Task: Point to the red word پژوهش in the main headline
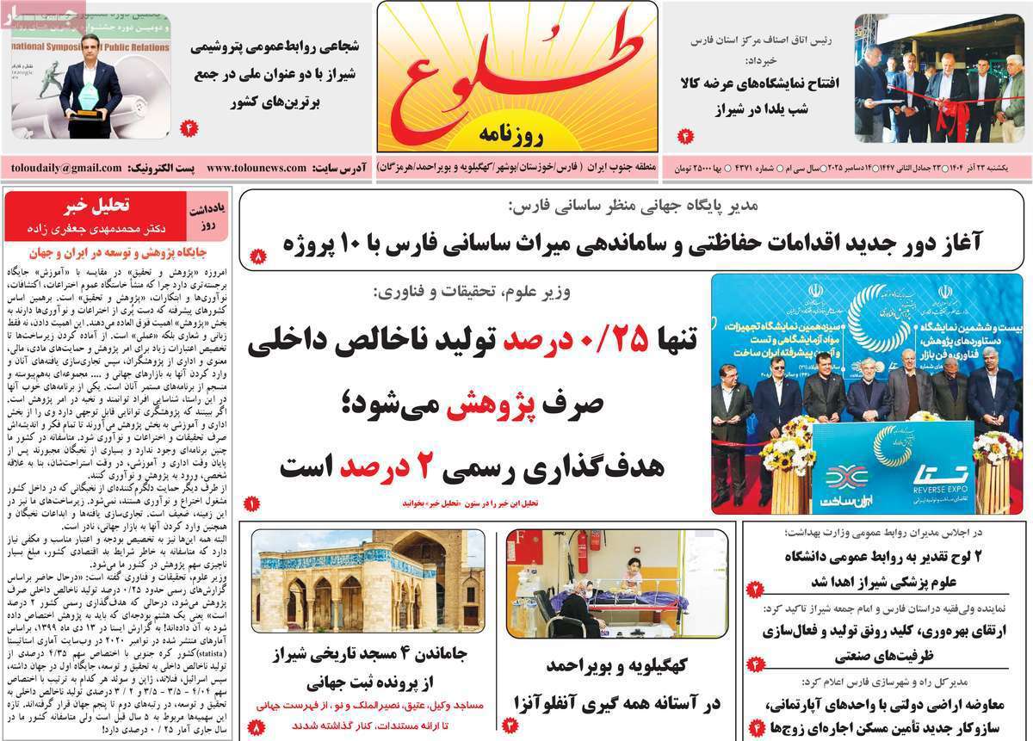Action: tap(492, 404)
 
